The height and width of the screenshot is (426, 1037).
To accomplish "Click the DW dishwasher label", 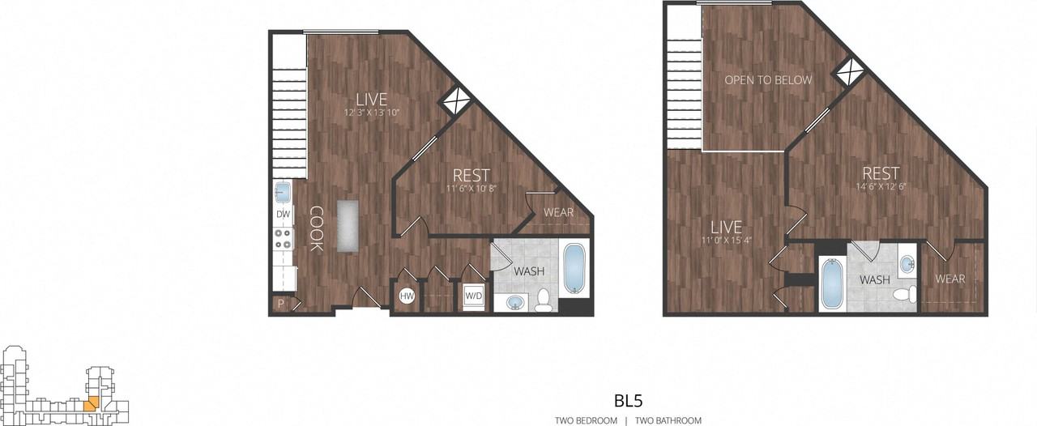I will [283, 214].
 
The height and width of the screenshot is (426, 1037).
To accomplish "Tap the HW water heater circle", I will [407, 296].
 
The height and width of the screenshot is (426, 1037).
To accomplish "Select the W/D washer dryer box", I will [472, 296].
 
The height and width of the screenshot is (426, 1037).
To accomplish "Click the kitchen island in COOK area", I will [348, 226].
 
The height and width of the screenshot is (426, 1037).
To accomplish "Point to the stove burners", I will [283, 239].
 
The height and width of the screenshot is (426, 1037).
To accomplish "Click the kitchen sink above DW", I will [283, 193].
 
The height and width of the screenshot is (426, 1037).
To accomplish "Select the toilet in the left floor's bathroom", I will [543, 300].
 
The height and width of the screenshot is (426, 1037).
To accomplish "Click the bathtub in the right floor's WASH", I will [832, 283].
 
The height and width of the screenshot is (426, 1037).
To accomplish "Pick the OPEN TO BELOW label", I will [768, 81].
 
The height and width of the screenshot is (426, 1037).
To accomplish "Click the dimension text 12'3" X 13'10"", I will [377, 113].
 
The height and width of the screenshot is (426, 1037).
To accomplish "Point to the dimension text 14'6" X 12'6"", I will [880, 189].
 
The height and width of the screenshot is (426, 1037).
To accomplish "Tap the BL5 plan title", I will [629, 400].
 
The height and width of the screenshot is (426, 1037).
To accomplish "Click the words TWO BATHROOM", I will [668, 420].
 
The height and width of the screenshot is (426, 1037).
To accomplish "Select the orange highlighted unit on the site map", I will [92, 402].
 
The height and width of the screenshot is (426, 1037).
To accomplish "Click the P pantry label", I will [280, 305].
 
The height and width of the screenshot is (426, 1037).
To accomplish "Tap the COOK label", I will [315, 228].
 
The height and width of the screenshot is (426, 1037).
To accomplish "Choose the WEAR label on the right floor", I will [950, 279].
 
